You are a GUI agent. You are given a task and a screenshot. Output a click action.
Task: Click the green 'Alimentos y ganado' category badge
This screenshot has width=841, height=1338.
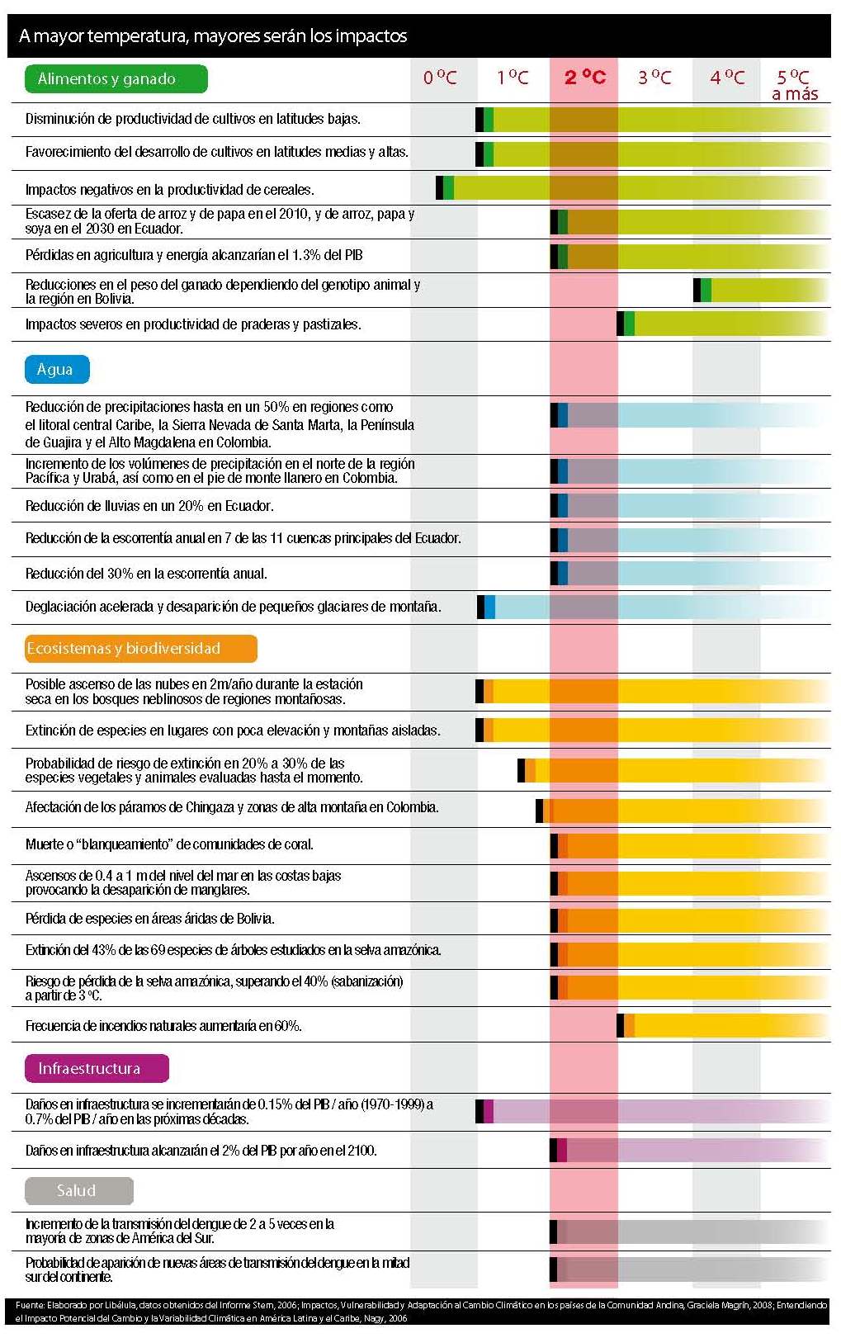coord(116,79)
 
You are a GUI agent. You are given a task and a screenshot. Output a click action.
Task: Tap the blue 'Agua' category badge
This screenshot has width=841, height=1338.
coord(57,369)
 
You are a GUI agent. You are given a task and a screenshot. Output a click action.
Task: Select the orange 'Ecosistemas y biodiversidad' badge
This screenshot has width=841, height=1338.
coord(141,649)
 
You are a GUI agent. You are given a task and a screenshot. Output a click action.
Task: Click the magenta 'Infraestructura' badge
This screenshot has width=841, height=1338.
coord(97,1068)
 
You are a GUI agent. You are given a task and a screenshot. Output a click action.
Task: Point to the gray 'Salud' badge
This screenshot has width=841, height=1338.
coord(78,1190)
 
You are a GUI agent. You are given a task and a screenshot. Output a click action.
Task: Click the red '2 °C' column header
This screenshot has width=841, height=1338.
coord(584,78)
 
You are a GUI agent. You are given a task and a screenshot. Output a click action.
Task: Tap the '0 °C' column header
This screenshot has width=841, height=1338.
coord(440,78)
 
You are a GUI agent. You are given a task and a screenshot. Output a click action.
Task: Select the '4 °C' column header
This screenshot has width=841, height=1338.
coord(727,78)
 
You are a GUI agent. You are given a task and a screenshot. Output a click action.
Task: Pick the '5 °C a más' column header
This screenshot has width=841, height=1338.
coord(794,85)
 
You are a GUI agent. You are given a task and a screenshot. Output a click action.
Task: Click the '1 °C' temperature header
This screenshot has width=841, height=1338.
coord(513,78)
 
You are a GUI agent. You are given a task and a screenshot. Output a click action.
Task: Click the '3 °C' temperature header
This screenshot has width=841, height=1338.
coord(654,78)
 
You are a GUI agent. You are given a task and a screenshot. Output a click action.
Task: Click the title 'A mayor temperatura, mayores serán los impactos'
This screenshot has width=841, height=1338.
coord(213,36)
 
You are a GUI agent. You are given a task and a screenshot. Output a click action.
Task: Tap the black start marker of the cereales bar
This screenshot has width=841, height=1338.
coord(440,187)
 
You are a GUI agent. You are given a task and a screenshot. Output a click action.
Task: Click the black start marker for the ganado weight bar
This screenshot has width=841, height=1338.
coord(697,290)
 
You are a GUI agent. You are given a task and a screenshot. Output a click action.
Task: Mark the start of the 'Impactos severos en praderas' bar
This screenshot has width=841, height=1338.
coord(621,324)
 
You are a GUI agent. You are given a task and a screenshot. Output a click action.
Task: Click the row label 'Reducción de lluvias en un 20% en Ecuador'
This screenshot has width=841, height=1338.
coord(149,506)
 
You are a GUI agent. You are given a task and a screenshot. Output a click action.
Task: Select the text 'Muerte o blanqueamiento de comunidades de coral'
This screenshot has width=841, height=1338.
coord(169,844)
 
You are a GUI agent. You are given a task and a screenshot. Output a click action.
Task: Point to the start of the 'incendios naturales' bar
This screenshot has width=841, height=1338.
coord(621,1025)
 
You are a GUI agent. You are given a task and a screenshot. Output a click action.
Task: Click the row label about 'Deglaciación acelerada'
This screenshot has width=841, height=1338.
coord(233,607)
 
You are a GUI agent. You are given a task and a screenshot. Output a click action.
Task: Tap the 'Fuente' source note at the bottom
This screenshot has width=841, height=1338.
coord(420,1312)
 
